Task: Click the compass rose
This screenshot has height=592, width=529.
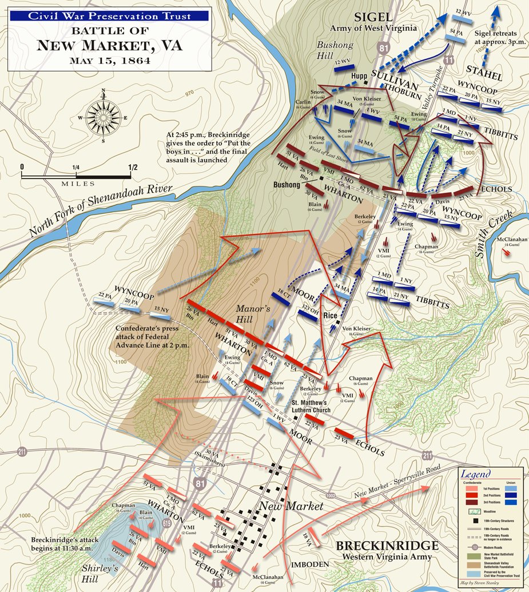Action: [x=104, y=116]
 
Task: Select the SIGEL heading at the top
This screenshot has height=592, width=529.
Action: [x=373, y=17]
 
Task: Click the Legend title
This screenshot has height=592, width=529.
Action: [x=476, y=475]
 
